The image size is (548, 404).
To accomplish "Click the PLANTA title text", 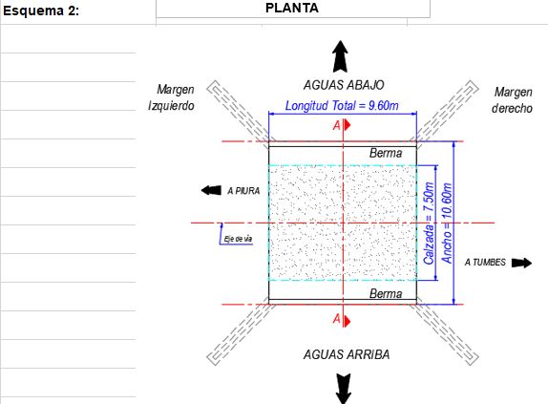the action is click(292, 8).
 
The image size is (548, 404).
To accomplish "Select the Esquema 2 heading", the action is click(41, 11).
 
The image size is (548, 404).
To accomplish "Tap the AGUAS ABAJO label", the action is click(344, 85).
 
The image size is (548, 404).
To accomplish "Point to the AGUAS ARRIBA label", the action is click(347, 354).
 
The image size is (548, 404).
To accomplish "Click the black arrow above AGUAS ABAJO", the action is click(340, 56).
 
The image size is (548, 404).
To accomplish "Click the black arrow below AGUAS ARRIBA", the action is click(344, 389).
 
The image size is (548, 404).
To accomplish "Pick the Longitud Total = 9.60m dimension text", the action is click(342, 106).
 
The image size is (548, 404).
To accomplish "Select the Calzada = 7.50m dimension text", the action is click(429, 223).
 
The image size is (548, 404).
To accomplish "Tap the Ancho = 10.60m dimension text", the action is click(447, 223).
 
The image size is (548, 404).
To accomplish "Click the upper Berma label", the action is click(386, 153).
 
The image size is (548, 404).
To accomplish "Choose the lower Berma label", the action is click(386, 293).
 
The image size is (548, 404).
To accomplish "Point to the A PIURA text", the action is click(243, 191).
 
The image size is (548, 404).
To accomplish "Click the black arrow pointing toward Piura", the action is click(211, 190).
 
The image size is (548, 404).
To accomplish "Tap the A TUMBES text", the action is click(485, 262).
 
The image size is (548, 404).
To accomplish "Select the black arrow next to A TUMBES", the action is click(521, 263).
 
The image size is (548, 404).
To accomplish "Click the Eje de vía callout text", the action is click(238, 239).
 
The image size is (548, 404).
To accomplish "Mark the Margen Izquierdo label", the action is click(171, 97).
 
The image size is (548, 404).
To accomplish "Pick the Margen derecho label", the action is click(513, 100).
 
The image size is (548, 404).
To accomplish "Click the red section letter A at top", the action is click(337, 125).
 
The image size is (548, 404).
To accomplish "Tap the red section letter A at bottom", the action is click(337, 319).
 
